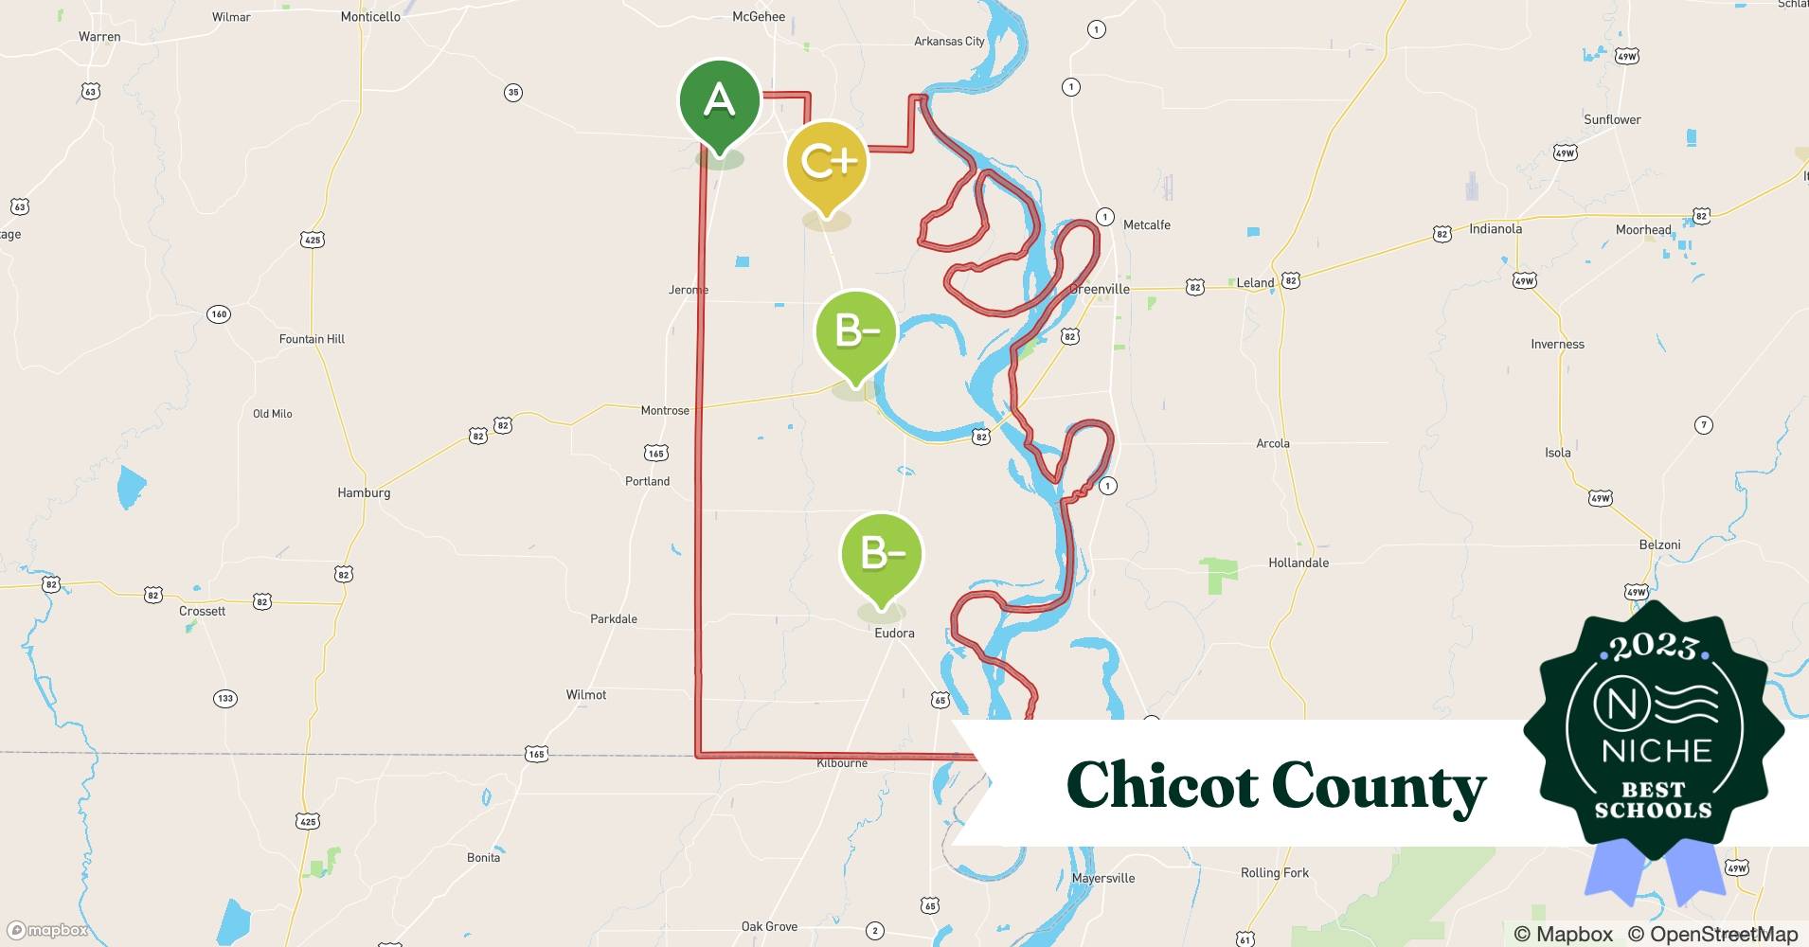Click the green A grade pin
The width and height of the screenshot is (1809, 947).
point(719,101)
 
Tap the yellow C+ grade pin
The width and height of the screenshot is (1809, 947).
point(827,163)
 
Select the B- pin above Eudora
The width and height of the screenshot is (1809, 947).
point(881,555)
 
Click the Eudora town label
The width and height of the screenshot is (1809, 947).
point(894,633)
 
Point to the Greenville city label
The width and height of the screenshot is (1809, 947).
point(1101,289)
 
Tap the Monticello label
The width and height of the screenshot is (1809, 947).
point(370,17)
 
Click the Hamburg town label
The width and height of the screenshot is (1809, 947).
point(364,492)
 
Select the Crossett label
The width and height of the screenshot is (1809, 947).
point(203,611)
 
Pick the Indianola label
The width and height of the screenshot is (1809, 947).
point(1496,229)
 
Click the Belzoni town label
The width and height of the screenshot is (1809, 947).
point(1659,545)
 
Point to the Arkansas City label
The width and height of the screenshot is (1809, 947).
point(949,42)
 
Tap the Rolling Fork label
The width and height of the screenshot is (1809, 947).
point(1274,872)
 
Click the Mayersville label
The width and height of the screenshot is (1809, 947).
point(1103,878)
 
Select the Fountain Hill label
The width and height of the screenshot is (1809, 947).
point(312,339)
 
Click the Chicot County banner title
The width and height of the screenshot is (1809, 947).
point(1276,786)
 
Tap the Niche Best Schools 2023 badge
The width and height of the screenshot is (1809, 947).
point(1655,734)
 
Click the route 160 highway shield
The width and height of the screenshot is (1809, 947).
point(219,314)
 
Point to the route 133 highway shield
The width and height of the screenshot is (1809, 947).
point(224,699)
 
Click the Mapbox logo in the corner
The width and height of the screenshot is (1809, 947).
point(47,931)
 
